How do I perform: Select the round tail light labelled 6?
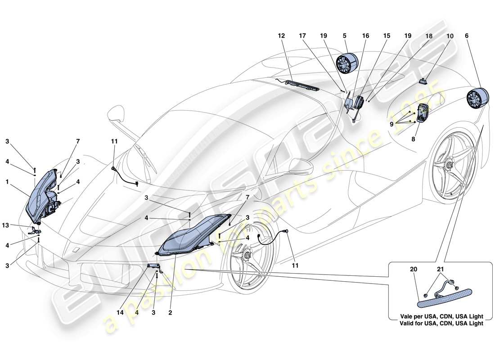[x=477, y=99]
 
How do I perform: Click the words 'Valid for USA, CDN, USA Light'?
[x=438, y=323]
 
